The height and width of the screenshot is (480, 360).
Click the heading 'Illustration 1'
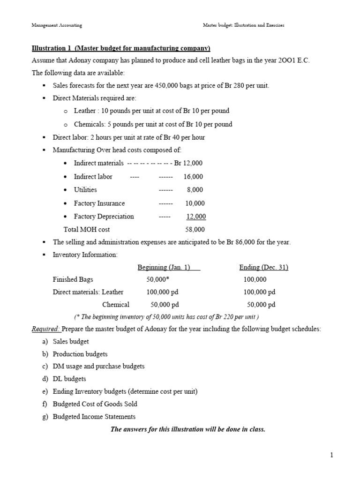click(52, 48)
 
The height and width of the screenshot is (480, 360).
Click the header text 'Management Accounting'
click(57, 25)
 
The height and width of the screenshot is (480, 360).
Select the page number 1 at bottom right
click(331, 455)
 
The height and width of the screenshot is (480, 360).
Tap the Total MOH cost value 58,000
click(195, 230)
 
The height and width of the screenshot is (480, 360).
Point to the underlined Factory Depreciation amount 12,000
click(196, 217)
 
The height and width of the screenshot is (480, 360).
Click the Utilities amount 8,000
click(195, 190)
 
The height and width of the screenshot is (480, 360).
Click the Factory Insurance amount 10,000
click(195, 203)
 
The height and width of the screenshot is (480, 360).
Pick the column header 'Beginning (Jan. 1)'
click(169, 267)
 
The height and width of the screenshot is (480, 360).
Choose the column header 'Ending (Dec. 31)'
click(263, 267)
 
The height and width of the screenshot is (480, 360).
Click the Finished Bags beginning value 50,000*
click(157, 279)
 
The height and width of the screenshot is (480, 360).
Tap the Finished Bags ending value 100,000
click(255, 279)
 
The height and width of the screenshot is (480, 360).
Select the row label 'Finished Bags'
click(73, 279)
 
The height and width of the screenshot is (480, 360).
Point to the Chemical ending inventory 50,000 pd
click(261, 305)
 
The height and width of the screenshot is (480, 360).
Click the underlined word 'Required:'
click(46, 329)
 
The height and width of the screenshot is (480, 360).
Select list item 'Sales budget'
click(71, 342)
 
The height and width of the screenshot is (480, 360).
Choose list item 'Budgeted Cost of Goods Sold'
click(95, 404)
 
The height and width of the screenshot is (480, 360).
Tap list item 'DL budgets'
click(69, 379)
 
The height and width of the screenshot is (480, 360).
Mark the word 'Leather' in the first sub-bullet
click(85, 111)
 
